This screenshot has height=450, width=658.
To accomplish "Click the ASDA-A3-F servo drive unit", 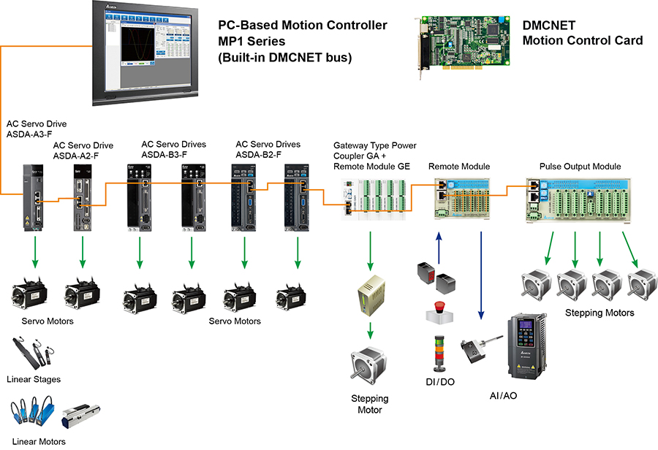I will point(32,198).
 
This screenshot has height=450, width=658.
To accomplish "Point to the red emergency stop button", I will point(440,310).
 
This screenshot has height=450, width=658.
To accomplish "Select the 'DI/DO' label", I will point(439,381).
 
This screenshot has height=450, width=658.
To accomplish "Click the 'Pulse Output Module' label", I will point(580,167).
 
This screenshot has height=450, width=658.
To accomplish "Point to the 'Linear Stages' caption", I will point(34,379).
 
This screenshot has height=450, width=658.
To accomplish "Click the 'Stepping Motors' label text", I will point(600,313).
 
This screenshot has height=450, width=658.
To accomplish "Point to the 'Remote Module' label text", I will point(458,167).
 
